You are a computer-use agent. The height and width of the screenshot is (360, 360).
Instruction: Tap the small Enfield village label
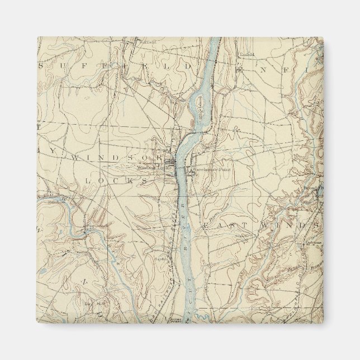point(247,54)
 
